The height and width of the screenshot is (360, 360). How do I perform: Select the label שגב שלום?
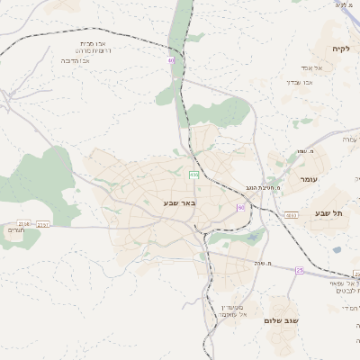click(282, 320)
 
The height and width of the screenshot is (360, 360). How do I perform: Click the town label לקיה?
click(339, 49)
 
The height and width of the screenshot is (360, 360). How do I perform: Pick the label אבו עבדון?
click(299, 82)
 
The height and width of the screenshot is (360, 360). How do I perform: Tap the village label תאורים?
click(16, 230)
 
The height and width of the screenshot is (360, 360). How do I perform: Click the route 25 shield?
click(300, 268)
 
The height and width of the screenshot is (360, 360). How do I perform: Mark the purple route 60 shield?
click(240, 208)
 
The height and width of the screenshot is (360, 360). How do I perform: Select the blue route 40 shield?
click(170, 60)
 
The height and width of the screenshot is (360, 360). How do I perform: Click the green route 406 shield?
click(193, 174)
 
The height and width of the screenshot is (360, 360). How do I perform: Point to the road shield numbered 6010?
click(292, 215)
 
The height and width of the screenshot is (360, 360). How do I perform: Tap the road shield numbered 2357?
click(44, 224)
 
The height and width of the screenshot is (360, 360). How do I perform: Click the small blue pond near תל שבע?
click(337, 249)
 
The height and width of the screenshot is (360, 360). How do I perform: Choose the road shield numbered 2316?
click(23, 223)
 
